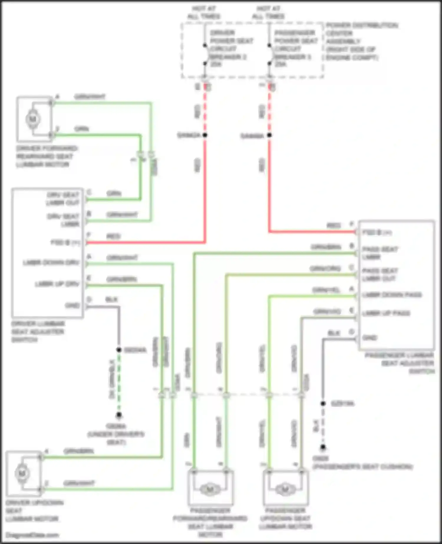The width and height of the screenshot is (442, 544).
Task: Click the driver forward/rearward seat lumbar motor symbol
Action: coord(32,119)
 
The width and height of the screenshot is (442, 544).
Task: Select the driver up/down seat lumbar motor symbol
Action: coord(22,474)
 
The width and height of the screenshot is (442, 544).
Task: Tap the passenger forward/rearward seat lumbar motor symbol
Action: coord(210,489)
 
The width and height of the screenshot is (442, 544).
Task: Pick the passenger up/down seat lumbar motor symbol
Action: coord(285,489)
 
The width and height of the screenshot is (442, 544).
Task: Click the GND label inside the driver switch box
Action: coord(72,306)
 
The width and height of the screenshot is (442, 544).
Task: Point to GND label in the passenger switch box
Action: coord(370,338)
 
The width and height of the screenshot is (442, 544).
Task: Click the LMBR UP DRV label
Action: coord(57,284)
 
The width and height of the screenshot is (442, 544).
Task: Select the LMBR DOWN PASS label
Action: coord(392,295)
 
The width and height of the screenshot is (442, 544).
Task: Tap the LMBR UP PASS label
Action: coord(386,313)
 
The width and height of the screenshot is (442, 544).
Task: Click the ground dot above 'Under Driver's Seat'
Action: coord(119,415)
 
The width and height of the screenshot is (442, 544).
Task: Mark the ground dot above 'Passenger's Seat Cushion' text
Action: coord(323,447)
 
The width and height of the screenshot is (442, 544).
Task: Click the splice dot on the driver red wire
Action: coord(205,135)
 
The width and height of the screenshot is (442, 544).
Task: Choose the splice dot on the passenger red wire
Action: coord(269,135)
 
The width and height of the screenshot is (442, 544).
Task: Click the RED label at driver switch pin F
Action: coord(113,236)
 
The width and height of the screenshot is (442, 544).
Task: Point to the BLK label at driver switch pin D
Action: coord(112,300)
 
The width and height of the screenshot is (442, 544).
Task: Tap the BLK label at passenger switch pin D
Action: coord(334,333)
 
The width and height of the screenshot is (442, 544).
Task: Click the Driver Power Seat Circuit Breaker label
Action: coord(231,48)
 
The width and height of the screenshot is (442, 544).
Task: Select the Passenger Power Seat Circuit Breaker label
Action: coord(296,48)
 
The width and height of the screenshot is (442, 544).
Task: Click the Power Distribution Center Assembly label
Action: coord(361,41)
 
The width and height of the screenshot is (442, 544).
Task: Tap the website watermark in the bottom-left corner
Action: coord(32,535)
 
